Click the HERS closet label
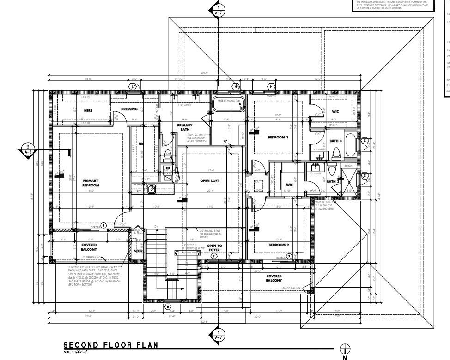pyautogui.click(x=88, y=111)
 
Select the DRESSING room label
pyautogui.click(x=129, y=109)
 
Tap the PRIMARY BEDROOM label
pyautogui.click(x=91, y=183)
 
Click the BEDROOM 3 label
pyautogui.click(x=278, y=137)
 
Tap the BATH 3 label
pyautogui.click(x=335, y=141)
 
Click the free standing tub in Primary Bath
pyautogui.click(x=228, y=106)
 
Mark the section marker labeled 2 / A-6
pyautogui.click(x=28, y=149)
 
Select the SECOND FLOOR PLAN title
pyautogui.click(x=110, y=345)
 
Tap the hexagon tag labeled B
pyautogui.click(x=168, y=306)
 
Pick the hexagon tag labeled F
pyautogui.click(x=213, y=256)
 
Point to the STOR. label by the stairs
pyautogui.click(x=139, y=252)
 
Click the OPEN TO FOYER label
pyautogui.click(x=214, y=248)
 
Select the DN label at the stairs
pyautogui.click(x=156, y=226)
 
